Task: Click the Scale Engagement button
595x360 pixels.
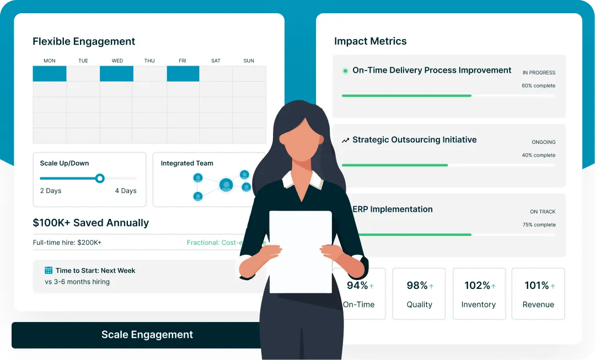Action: click(147, 335)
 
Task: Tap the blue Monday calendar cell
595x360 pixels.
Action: click(50, 74)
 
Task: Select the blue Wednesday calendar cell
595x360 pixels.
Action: click(116, 74)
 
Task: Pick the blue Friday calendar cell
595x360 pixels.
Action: click(183, 74)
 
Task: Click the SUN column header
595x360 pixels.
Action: click(249, 61)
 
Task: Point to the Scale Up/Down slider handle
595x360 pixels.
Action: click(100, 178)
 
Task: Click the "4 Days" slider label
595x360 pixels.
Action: click(126, 191)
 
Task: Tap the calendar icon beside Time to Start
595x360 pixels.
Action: click(49, 271)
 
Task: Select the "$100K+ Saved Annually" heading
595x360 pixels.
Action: click(91, 223)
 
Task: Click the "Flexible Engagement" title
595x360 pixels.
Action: click(84, 41)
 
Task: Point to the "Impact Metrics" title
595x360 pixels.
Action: click(370, 41)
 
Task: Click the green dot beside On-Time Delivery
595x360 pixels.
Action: click(345, 71)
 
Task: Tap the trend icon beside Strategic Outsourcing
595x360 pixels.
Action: click(345, 140)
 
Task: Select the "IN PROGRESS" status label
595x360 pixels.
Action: click(539, 73)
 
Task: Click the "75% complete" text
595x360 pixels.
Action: click(539, 225)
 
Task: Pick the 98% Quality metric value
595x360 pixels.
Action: click(417, 286)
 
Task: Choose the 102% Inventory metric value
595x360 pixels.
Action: click(477, 286)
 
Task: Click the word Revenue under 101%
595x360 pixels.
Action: click(538, 304)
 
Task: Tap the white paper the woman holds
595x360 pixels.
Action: click(300, 251)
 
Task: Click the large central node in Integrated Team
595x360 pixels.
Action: click(226, 185)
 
